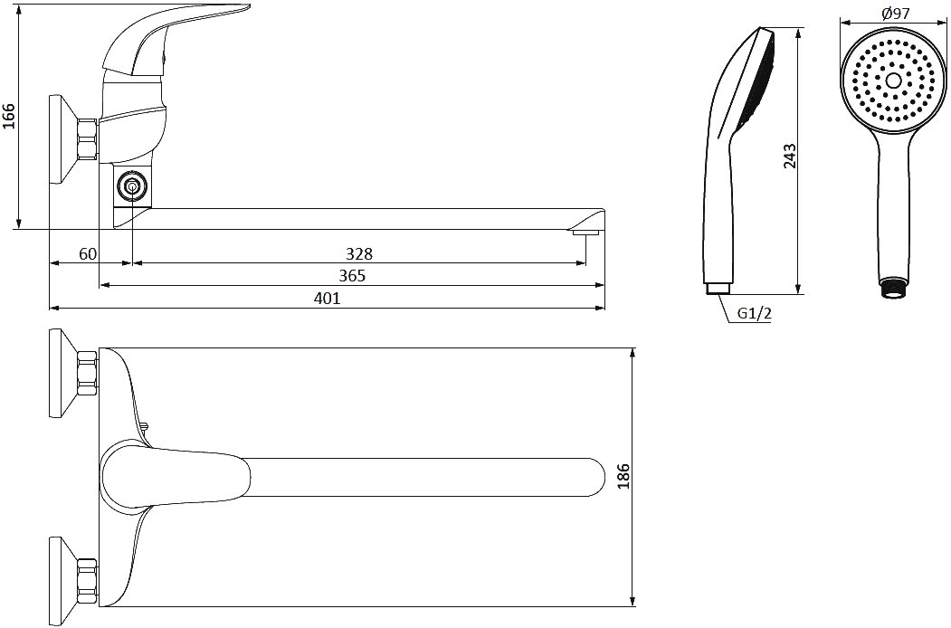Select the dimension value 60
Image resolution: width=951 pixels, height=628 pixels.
coord(88,253)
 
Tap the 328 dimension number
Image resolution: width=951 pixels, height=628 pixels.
coord(359,253)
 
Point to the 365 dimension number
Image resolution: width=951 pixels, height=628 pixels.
coord(352,276)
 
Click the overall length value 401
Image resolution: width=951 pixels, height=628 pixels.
coord(327,298)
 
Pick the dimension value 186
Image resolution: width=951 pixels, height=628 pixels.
coord(624,476)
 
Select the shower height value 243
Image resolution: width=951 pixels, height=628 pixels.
coord(789,156)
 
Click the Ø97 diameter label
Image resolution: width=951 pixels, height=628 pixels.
coord(896,13)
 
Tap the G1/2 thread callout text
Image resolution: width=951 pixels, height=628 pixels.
coord(754,314)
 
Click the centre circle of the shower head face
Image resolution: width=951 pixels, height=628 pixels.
coord(893,81)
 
